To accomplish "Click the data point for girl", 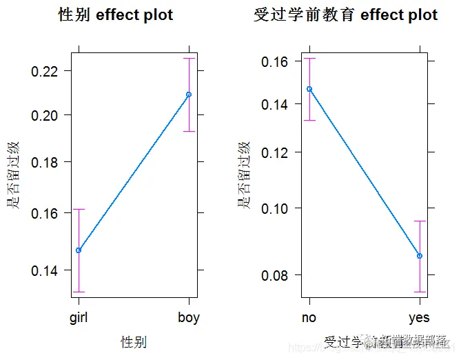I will pyautogui.click(x=79, y=250).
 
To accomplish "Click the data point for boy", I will pyautogui.click(x=189, y=94).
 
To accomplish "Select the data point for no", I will pyautogui.click(x=309, y=89).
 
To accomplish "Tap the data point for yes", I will pyautogui.click(x=419, y=256).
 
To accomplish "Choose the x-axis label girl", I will pyautogui.click(x=79, y=318).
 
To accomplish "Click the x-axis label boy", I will pyautogui.click(x=189, y=318).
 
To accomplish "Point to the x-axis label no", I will pyautogui.click(x=309, y=318).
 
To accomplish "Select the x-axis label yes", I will pyautogui.click(x=419, y=318).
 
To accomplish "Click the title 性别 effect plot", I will pyautogui.click(x=116, y=15).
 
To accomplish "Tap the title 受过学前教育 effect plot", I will pyautogui.click(x=345, y=15).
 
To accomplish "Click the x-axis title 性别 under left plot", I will pyautogui.click(x=134, y=341).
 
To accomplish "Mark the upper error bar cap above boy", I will pyautogui.click(x=189, y=59).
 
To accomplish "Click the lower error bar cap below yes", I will pyautogui.click(x=419, y=292).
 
